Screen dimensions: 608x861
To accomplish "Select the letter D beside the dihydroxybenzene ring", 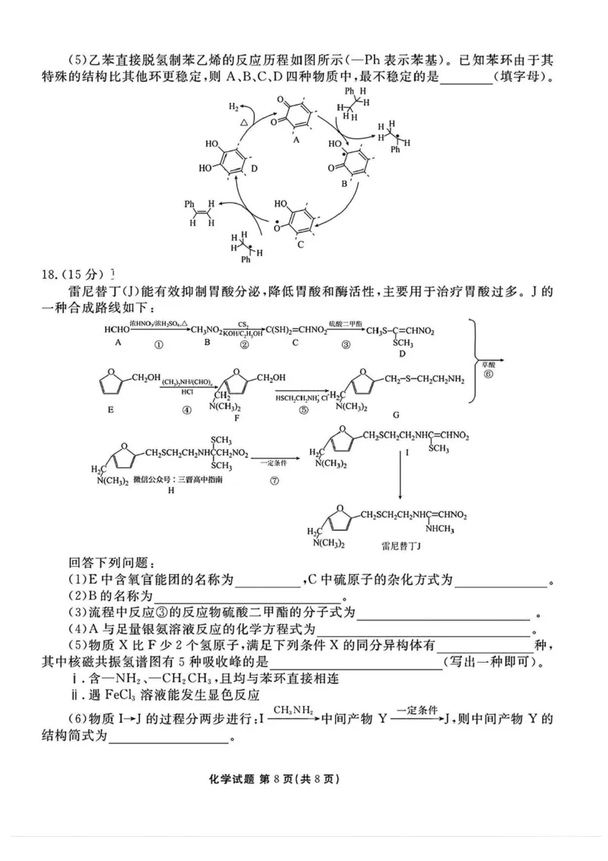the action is click(255, 167).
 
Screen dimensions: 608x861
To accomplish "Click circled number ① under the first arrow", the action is click(158, 343).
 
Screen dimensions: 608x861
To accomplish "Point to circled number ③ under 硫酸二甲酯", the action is click(346, 343).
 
